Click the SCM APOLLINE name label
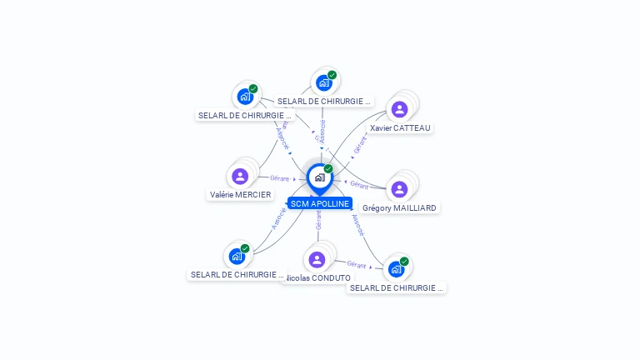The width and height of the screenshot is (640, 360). [319, 203]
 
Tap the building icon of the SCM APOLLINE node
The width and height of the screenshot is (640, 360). [319, 177]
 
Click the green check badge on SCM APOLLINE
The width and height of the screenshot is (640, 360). [328, 168]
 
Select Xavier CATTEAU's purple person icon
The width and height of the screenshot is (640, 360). [400, 109]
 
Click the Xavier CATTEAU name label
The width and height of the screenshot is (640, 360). [401, 128]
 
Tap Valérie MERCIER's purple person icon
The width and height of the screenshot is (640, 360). [240, 176]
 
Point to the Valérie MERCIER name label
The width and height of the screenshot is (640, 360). [240, 195]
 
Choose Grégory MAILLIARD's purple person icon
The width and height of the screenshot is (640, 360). [400, 189]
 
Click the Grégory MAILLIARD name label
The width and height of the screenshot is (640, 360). [400, 208]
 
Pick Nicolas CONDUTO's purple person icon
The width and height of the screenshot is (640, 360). [317, 259]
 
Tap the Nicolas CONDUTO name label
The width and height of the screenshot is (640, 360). [318, 278]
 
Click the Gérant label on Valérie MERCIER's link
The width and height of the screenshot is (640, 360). [279, 178]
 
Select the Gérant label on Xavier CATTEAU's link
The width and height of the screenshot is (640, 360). [359, 145]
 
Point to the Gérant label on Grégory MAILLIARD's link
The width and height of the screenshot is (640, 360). [359, 184]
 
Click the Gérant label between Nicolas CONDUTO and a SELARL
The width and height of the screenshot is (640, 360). [357, 264]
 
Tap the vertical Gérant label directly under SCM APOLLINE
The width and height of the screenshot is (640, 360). [318, 220]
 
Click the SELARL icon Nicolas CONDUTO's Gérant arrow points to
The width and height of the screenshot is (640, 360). [396, 269]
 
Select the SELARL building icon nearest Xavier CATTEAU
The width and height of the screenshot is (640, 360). [323, 82]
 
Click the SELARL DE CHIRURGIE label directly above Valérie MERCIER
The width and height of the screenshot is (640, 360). [246, 115]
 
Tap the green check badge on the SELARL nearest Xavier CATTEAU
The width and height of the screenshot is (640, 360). [332, 75]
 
